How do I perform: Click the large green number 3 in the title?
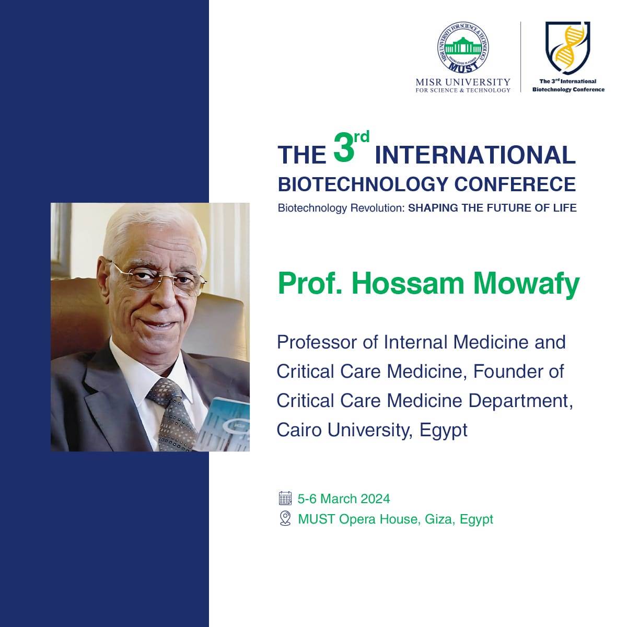[x=344, y=150]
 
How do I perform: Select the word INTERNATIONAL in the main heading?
[x=475, y=156]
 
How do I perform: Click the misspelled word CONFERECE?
[x=515, y=184]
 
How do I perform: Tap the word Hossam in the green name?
[x=408, y=284]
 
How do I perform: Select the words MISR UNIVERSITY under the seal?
[x=463, y=82]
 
